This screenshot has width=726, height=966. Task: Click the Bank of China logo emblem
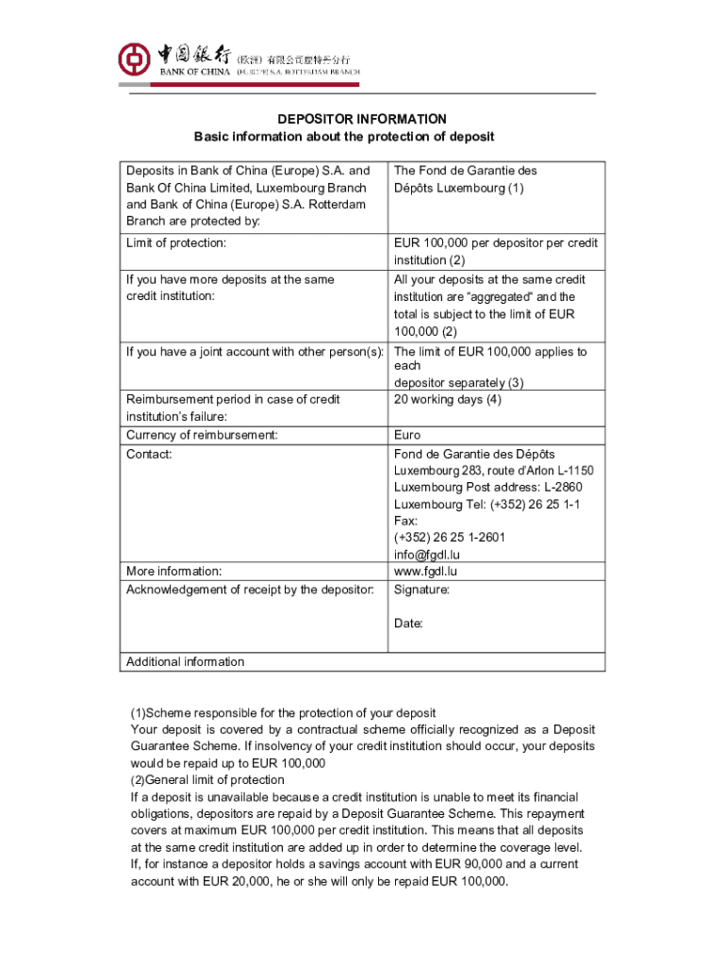coord(134,59)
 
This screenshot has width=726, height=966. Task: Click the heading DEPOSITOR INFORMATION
coord(361,119)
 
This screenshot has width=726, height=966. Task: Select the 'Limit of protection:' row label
coord(176,243)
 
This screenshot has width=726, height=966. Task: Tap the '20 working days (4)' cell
coord(448,399)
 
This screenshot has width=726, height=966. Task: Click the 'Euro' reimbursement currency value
coord(406,435)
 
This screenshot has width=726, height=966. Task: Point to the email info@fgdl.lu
coord(427,555)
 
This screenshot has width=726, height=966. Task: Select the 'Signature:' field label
coord(421,590)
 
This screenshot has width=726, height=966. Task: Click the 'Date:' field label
coord(408,624)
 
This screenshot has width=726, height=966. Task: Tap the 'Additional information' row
coord(185,661)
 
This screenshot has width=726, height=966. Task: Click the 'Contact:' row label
coord(149,454)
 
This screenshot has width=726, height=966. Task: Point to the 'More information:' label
coord(174,571)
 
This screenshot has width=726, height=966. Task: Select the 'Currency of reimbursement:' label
coord(202,435)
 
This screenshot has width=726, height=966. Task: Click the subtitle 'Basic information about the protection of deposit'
coord(344,137)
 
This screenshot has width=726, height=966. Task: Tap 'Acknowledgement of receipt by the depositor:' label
coord(250,590)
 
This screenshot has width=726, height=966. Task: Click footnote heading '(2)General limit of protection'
coord(207,780)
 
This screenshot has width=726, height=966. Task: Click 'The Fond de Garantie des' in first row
coord(465,171)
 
